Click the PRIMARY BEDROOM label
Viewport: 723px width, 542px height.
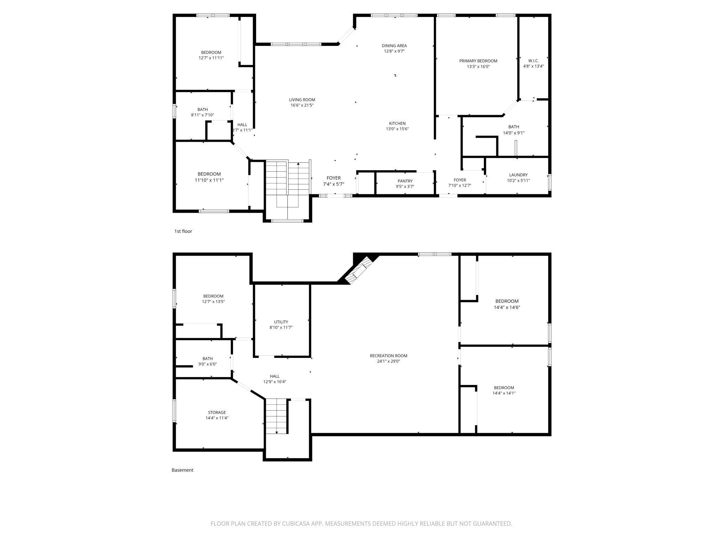[x=478, y=61]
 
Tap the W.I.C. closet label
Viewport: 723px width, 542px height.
[x=533, y=60]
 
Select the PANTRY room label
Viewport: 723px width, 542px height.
[x=405, y=181]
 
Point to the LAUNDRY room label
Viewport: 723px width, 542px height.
[x=518, y=175]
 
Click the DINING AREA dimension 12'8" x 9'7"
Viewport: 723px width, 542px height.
[x=394, y=51]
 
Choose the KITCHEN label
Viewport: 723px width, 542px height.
[x=397, y=123]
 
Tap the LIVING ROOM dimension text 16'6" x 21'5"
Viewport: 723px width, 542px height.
[x=302, y=105]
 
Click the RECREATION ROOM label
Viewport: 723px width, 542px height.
[x=388, y=355]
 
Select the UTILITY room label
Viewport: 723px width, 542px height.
[x=281, y=322]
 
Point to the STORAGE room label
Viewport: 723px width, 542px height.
[x=217, y=412]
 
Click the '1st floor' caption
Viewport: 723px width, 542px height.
[x=183, y=231]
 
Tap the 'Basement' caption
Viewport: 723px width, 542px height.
[x=182, y=470]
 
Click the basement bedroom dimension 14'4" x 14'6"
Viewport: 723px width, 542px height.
[x=507, y=307]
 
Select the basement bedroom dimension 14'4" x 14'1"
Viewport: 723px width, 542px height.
[x=504, y=393]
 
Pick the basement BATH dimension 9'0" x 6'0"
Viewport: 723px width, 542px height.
[x=208, y=364]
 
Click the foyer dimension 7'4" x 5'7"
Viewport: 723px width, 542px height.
[x=333, y=184]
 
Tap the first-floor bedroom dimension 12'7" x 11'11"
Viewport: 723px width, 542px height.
[x=211, y=58]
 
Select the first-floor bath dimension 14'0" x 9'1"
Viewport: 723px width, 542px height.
[x=513, y=133]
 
